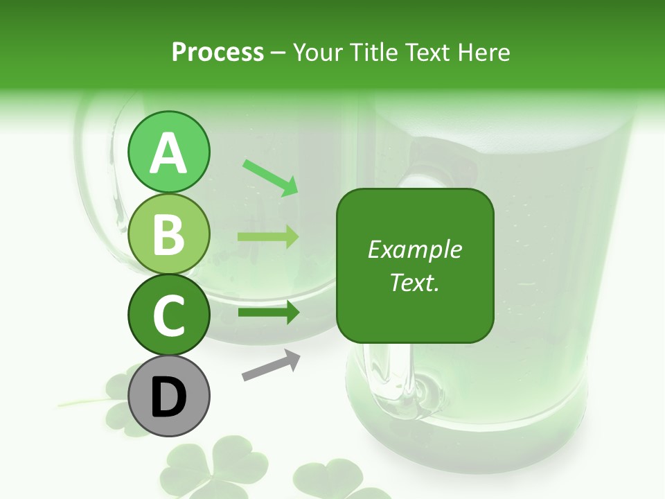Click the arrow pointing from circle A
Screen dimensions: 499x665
pos(270,177)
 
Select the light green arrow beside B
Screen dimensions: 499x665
pos(269,237)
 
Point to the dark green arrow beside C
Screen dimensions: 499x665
pos(269,313)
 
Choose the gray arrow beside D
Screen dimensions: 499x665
pos(271,365)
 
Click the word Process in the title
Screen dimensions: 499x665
pos(218,52)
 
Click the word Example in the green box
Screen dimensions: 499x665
pos(414,249)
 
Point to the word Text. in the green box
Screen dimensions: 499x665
pos(414,283)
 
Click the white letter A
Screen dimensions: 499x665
pos(168,153)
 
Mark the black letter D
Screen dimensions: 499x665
pos(168,398)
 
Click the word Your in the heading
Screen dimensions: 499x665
pos(318,52)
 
